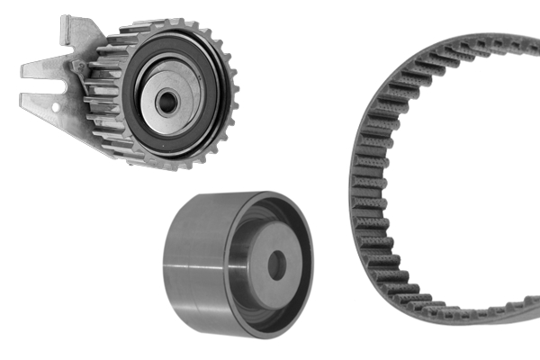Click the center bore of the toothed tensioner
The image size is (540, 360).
(x=166, y=102)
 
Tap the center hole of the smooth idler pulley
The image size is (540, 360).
(x=276, y=264)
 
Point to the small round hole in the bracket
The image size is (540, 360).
(x=55, y=109)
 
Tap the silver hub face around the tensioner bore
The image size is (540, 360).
(x=180, y=90)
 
